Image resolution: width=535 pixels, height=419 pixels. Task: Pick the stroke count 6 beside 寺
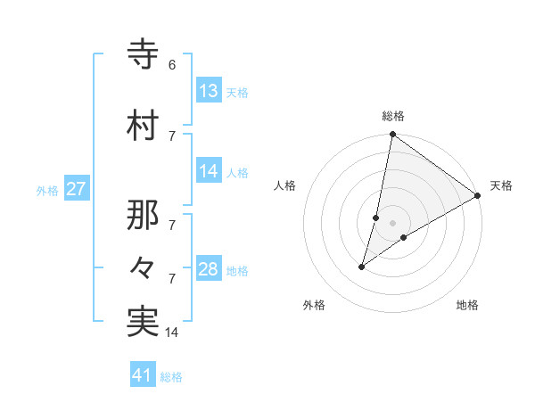pyautogui.click(x=171, y=65)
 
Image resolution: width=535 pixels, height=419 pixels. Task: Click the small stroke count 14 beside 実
pyautogui.click(x=172, y=333)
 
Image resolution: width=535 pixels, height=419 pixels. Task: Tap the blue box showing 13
pyautogui.click(x=209, y=91)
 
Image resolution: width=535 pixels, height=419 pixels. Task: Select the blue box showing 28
pyautogui.click(x=209, y=269)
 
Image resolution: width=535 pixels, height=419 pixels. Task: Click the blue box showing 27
pyautogui.click(x=77, y=189)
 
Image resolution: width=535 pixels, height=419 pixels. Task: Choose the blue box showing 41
pyautogui.click(x=143, y=375)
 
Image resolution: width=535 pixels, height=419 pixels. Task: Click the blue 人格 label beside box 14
pyautogui.click(x=237, y=172)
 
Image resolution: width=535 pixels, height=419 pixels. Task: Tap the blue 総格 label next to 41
pyautogui.click(x=171, y=377)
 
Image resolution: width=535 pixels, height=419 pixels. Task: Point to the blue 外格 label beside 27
pyautogui.click(x=47, y=190)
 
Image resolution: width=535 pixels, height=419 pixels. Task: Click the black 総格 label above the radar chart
pyautogui.click(x=393, y=116)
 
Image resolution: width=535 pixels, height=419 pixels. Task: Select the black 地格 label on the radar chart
pyautogui.click(x=467, y=305)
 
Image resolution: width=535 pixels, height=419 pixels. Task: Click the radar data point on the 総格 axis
pyautogui.click(x=392, y=135)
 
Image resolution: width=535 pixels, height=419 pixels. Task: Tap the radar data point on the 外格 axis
pyautogui.click(x=362, y=267)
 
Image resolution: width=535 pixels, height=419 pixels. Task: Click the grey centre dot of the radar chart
pyautogui.click(x=392, y=223)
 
